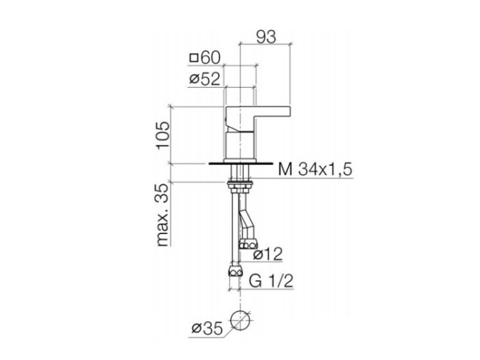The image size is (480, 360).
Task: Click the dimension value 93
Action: (x=266, y=37)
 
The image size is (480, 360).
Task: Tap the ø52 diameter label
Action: (x=205, y=79)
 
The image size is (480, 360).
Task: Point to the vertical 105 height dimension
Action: (x=163, y=135)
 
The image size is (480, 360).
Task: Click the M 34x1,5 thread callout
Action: (x=316, y=169)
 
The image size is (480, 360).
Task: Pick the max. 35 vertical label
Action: (x=163, y=215)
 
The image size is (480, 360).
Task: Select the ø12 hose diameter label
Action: (x=268, y=254)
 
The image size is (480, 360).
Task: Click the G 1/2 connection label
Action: (x=271, y=281)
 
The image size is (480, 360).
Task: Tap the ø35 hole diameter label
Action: (x=207, y=329)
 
